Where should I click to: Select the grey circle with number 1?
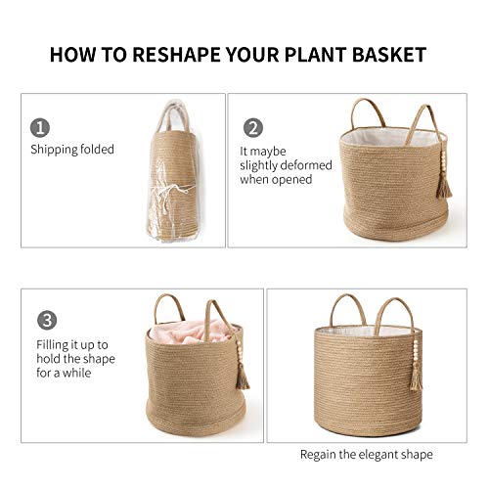click(x=40, y=128)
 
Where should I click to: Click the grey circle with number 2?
click(x=252, y=128)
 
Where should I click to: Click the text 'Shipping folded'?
click(x=72, y=150)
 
